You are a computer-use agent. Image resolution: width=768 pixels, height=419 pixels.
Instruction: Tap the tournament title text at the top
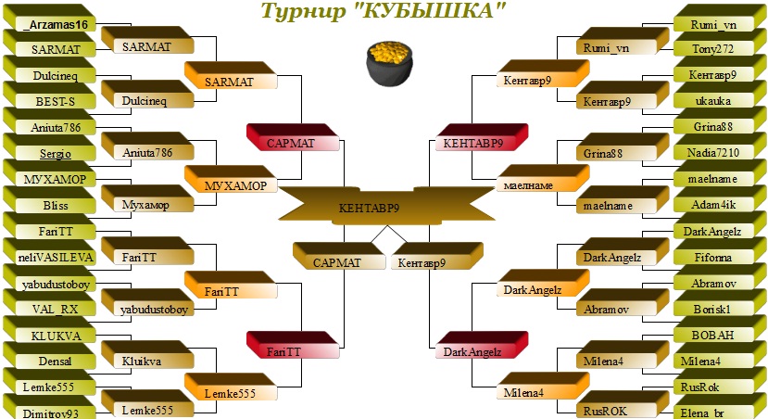pos(384,12)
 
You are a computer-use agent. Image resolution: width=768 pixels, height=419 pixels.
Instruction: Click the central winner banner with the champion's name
pos(384,208)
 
